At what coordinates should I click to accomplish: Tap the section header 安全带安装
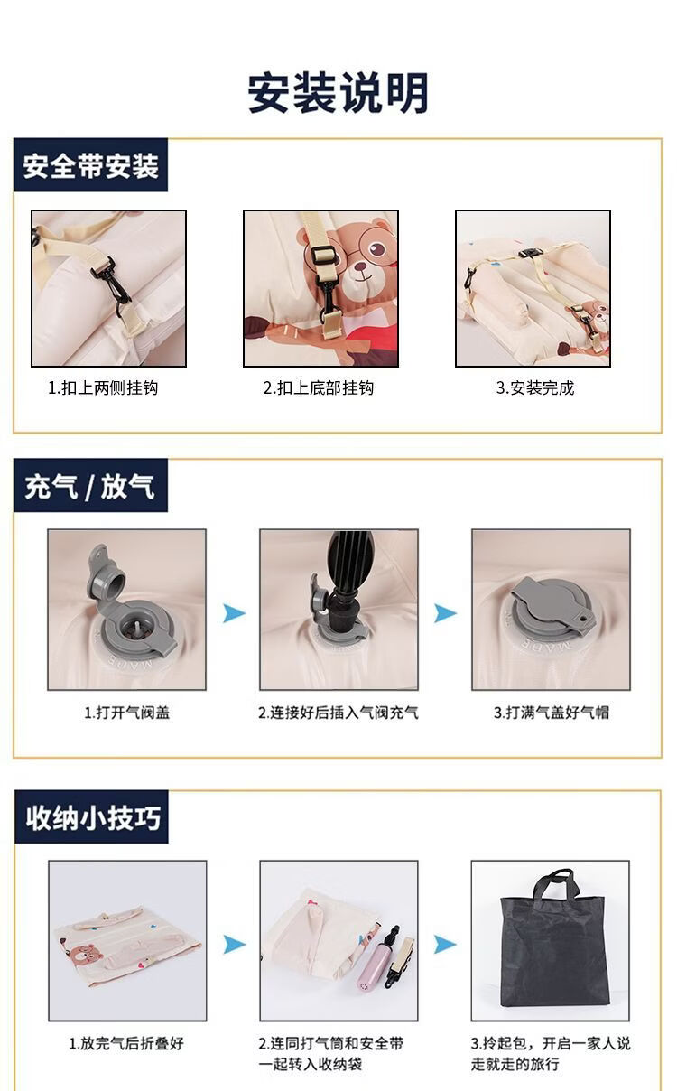[x=90, y=165]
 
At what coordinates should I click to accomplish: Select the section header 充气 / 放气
[x=89, y=486]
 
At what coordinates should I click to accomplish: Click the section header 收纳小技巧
[x=93, y=817]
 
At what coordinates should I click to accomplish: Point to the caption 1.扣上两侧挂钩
[x=103, y=388]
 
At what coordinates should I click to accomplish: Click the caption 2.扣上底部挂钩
[x=319, y=388]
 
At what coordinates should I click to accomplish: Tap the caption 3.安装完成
[x=535, y=388]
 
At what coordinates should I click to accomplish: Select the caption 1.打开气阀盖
[x=126, y=713]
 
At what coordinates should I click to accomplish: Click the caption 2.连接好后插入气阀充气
[x=338, y=713]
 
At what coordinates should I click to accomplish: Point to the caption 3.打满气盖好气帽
[x=551, y=713]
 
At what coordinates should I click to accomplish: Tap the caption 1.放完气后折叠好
[x=126, y=1043]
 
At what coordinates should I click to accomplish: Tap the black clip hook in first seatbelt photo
[x=111, y=283]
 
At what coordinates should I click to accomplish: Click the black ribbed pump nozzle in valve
[x=346, y=580]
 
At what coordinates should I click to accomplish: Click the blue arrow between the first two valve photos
[x=234, y=612]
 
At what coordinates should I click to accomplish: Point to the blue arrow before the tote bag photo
[x=445, y=945]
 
